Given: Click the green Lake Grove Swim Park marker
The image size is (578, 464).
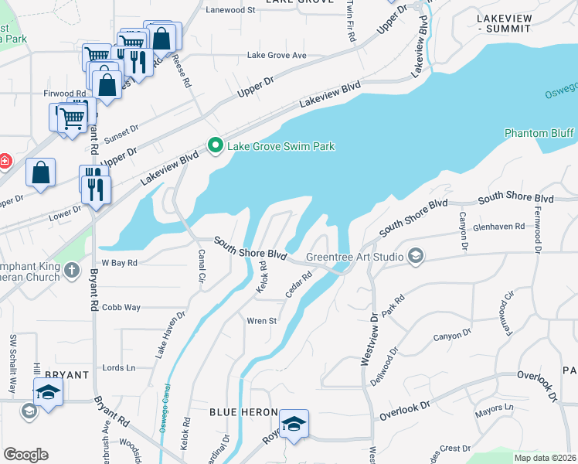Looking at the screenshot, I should (x=215, y=145).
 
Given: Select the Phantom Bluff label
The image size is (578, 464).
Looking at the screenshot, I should (x=539, y=133).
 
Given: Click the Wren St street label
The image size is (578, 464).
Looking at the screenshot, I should (x=261, y=321).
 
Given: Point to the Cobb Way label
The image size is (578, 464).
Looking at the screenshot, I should (x=121, y=307).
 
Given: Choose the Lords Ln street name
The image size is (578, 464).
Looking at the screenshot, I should (x=119, y=367).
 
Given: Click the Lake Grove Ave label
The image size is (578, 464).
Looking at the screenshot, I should (x=277, y=56).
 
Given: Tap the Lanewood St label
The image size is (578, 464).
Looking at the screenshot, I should (x=231, y=10).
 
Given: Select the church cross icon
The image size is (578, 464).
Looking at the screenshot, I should (x=72, y=270).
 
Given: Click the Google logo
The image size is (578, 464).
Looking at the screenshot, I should (x=26, y=454).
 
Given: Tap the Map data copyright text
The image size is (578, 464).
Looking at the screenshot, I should (x=544, y=457).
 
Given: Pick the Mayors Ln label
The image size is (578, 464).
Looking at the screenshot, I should (x=498, y=407).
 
